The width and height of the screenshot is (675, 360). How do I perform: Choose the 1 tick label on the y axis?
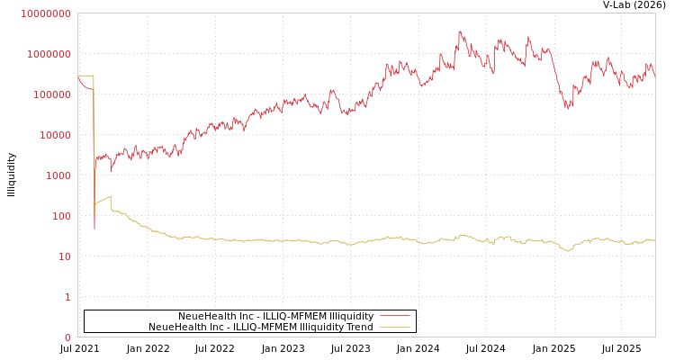point(67,297)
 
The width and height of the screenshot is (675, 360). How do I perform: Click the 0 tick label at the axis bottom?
point(67,337)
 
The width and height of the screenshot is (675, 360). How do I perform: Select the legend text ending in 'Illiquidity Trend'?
point(261,328)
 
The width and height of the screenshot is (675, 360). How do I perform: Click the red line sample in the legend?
point(395,316)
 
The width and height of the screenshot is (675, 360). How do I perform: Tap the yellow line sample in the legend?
point(395,328)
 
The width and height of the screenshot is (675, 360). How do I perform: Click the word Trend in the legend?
point(359,328)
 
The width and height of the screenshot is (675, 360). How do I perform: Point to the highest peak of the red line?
point(460,31)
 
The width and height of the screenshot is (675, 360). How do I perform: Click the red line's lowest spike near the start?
point(94,229)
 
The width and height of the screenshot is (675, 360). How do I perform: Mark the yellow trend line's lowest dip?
point(567,250)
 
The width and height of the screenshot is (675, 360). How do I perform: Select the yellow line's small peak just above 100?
point(110,196)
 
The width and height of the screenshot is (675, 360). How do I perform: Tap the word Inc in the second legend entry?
point(218,328)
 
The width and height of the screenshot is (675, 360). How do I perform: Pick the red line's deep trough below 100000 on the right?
point(567,108)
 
